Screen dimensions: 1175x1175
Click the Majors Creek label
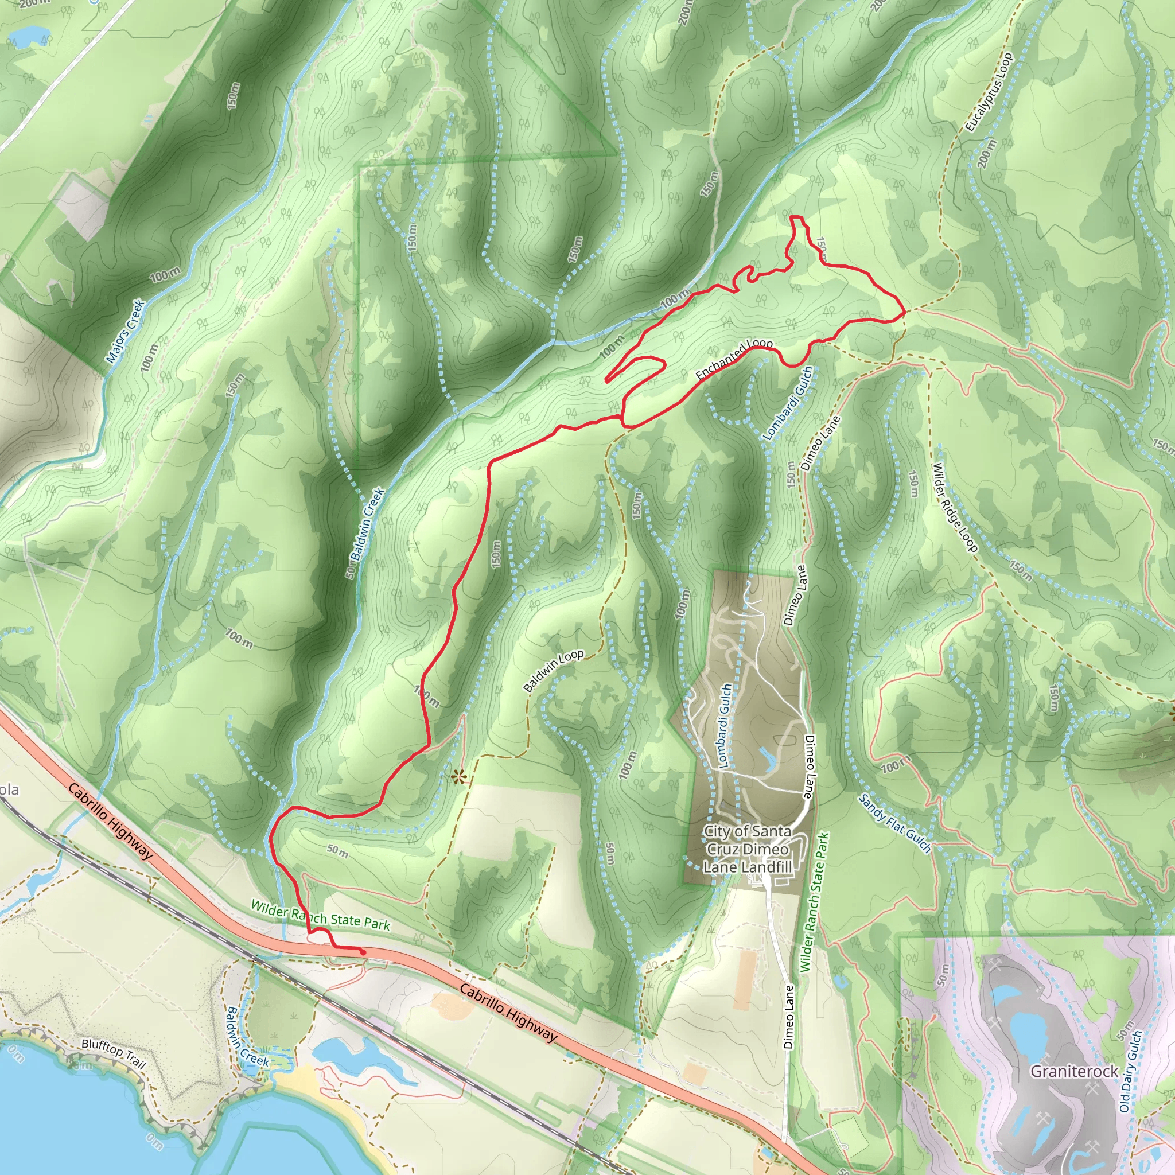click(x=124, y=331)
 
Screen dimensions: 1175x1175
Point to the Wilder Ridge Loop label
click(x=955, y=508)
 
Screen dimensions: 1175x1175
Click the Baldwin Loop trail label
click(x=554, y=671)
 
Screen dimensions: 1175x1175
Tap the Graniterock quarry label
click(x=1074, y=1088)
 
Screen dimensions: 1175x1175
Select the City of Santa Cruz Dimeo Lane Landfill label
click(x=748, y=849)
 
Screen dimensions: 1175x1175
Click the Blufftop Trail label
click(x=114, y=1053)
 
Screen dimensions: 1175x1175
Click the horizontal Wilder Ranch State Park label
click(x=320, y=915)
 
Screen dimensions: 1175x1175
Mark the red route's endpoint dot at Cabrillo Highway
click(x=363, y=952)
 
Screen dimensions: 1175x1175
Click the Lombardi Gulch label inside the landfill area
click(x=725, y=717)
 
